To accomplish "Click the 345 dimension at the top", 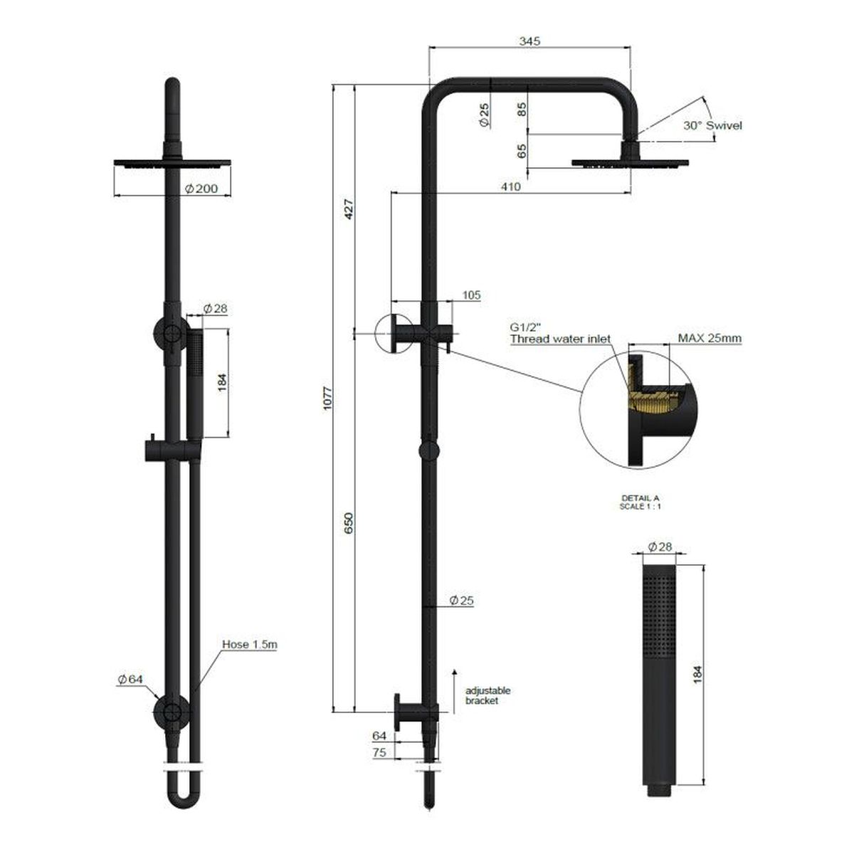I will [x=529, y=41].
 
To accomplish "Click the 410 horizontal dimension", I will [x=510, y=187].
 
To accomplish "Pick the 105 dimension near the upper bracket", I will [x=472, y=295].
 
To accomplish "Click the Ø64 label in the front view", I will [x=130, y=679].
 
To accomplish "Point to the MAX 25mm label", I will [x=710, y=339].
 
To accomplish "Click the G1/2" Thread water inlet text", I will [x=559, y=334].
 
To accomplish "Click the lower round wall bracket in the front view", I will [x=172, y=710].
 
